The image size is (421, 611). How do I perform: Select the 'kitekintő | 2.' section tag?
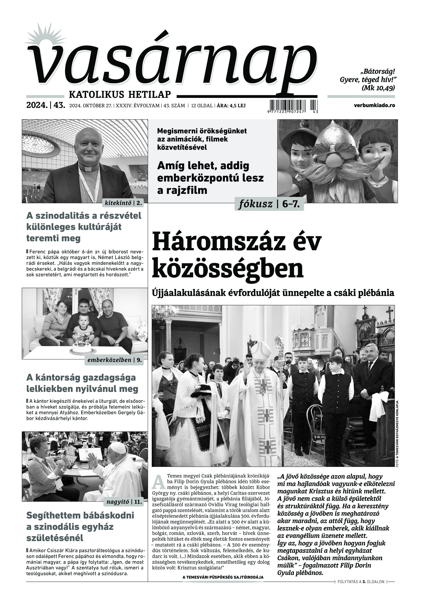(x=123, y=203)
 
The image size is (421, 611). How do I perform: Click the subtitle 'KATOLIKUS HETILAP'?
(x=120, y=94)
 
